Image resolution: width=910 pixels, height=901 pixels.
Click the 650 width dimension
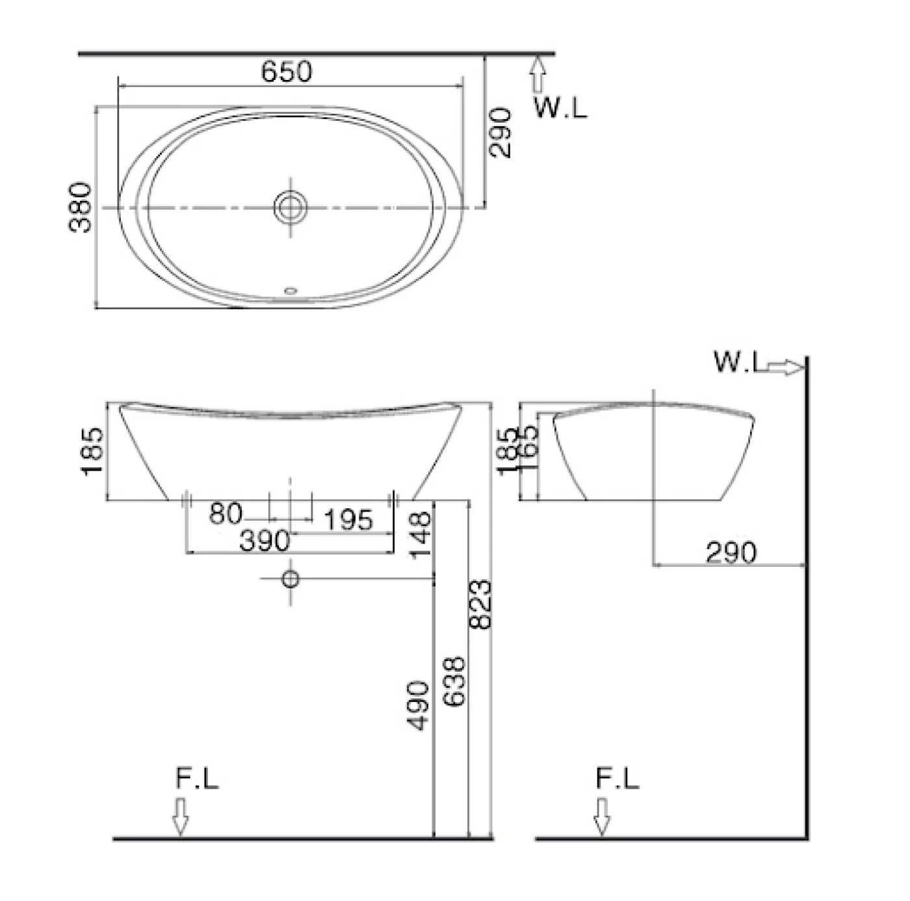(287, 71)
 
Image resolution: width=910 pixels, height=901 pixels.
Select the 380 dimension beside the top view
(81, 207)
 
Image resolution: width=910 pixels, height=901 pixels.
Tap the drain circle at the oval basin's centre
(290, 207)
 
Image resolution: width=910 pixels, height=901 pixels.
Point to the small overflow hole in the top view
(291, 291)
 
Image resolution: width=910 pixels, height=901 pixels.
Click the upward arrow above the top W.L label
(537, 74)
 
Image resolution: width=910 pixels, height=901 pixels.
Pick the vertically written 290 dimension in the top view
(500, 133)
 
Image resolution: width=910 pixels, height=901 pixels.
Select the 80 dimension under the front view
(225, 514)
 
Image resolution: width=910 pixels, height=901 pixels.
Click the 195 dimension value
(348, 520)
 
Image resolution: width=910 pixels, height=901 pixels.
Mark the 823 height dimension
(480, 605)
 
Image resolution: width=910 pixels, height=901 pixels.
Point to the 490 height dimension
(419, 705)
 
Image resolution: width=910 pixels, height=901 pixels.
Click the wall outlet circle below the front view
(290, 579)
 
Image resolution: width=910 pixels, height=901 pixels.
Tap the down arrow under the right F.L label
(602, 816)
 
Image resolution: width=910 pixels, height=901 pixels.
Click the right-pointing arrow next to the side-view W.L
(785, 367)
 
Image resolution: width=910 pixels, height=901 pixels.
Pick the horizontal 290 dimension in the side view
(731, 553)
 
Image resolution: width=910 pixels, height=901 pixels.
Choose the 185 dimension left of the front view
(92, 450)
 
